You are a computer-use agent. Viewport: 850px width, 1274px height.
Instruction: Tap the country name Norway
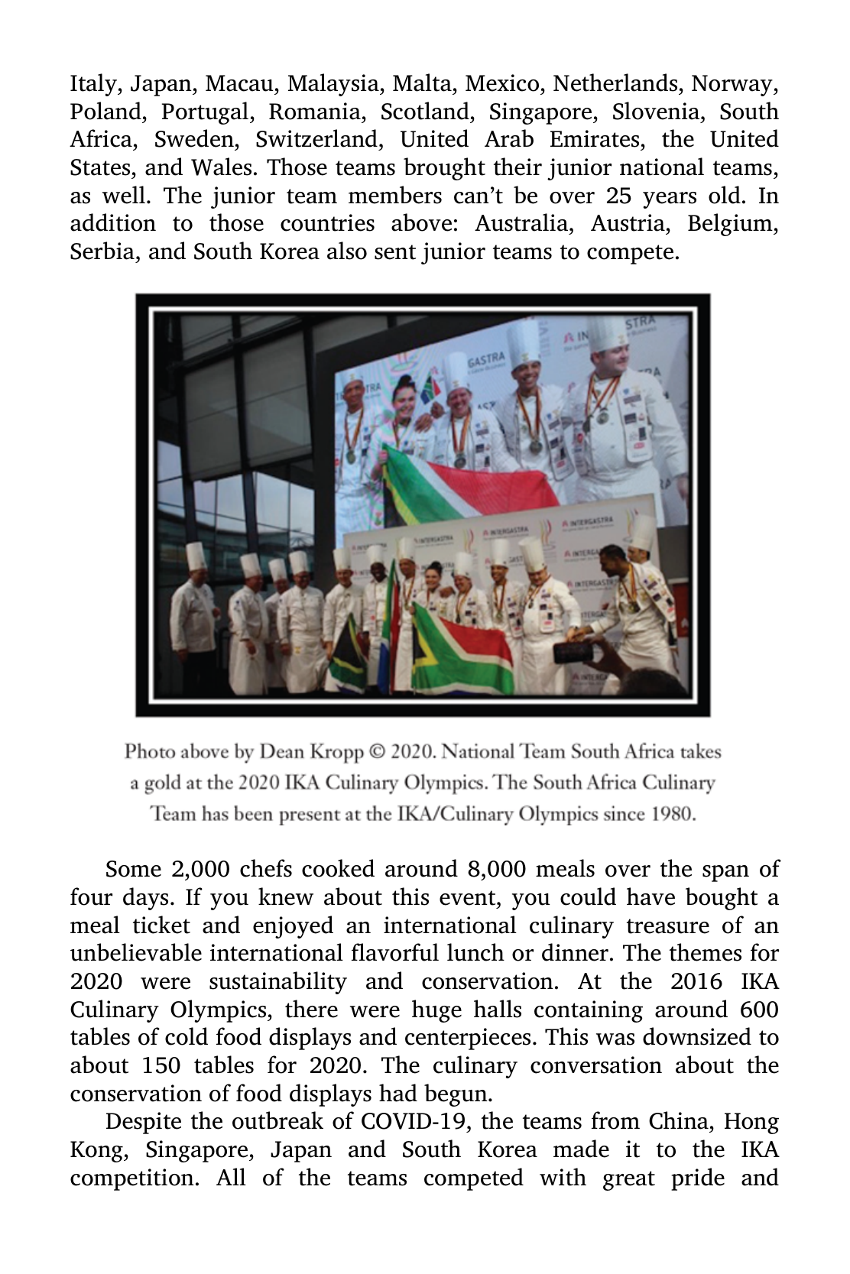[741, 83]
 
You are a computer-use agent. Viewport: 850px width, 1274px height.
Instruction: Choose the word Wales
[224, 168]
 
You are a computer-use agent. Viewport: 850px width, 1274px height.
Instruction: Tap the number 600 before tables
[759, 1010]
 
